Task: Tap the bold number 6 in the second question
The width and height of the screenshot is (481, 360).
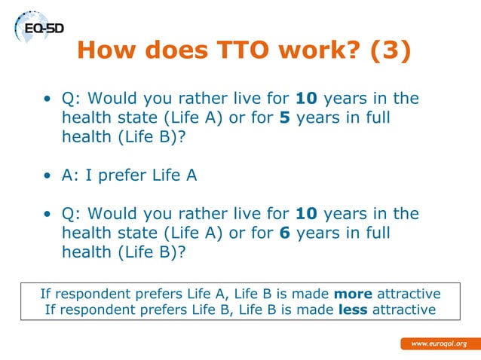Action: pyautogui.click(x=285, y=233)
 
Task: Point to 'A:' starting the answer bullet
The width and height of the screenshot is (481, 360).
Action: pyautogui.click(x=70, y=175)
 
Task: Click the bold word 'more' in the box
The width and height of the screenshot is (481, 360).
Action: pyautogui.click(x=353, y=293)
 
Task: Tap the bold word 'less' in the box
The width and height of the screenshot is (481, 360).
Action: pyautogui.click(x=352, y=310)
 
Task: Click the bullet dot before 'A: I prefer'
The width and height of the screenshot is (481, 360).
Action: pyautogui.click(x=47, y=176)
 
